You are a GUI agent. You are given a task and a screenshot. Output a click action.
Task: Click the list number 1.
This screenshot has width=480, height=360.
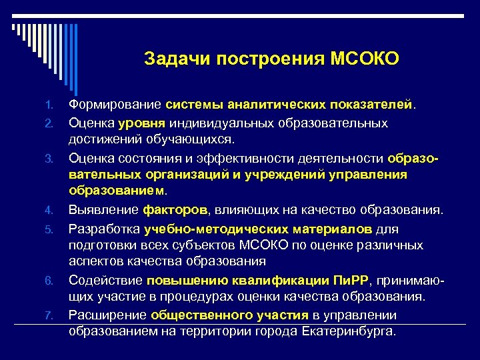coord(49,106)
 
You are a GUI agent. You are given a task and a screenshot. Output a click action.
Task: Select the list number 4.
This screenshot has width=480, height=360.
coord(49,211)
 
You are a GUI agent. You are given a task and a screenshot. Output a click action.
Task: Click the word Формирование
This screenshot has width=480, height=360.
coord(115,105)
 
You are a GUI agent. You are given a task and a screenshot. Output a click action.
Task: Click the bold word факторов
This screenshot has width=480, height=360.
coord(175,211)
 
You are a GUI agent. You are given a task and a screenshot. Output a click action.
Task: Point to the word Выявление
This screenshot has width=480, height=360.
coord(103,211)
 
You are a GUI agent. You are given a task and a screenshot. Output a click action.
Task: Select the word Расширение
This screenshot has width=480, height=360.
coord(108,315)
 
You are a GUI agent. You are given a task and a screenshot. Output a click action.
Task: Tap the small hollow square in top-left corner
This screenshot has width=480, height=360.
coord(14,27)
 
